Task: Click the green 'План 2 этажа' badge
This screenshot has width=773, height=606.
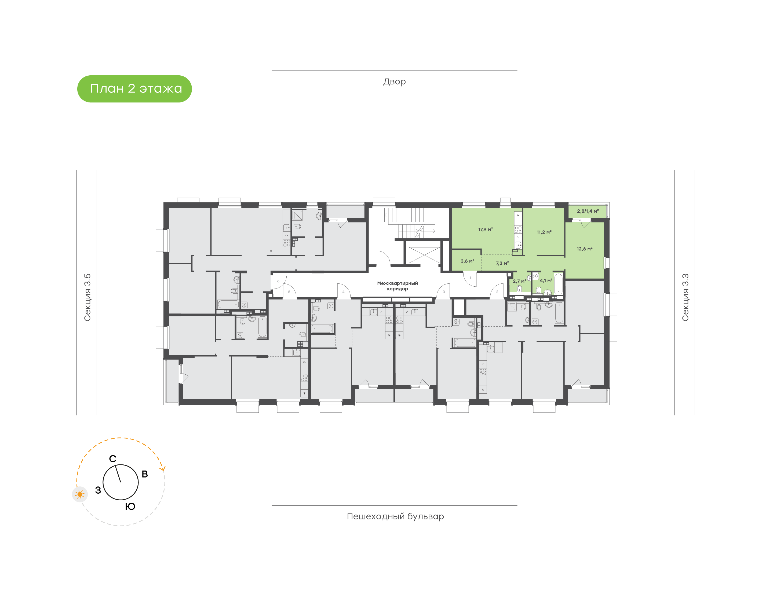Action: click(134, 89)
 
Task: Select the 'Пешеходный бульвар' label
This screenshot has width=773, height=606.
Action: click(395, 516)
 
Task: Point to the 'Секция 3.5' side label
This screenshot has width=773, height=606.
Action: click(87, 297)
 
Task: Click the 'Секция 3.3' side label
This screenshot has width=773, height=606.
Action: click(685, 297)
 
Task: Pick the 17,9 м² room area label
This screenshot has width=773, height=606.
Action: click(485, 230)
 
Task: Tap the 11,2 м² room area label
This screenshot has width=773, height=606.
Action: click(544, 232)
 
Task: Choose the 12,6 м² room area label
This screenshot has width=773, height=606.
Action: click(585, 249)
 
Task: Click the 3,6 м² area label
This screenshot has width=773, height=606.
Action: click(467, 261)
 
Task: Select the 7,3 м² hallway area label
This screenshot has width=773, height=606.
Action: click(502, 263)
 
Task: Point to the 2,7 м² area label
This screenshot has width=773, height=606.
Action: click(519, 281)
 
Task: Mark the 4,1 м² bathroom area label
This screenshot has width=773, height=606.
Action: click(546, 280)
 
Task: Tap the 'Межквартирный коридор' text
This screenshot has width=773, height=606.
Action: click(397, 286)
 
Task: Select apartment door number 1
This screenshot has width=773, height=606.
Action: click(470, 278)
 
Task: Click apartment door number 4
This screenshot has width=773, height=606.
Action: click(343, 292)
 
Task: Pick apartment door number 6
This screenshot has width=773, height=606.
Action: click(278, 281)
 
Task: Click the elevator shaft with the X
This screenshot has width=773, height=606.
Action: click(424, 255)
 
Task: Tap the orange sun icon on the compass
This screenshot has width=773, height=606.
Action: click(80, 494)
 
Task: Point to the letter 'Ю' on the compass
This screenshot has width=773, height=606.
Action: click(130, 506)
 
